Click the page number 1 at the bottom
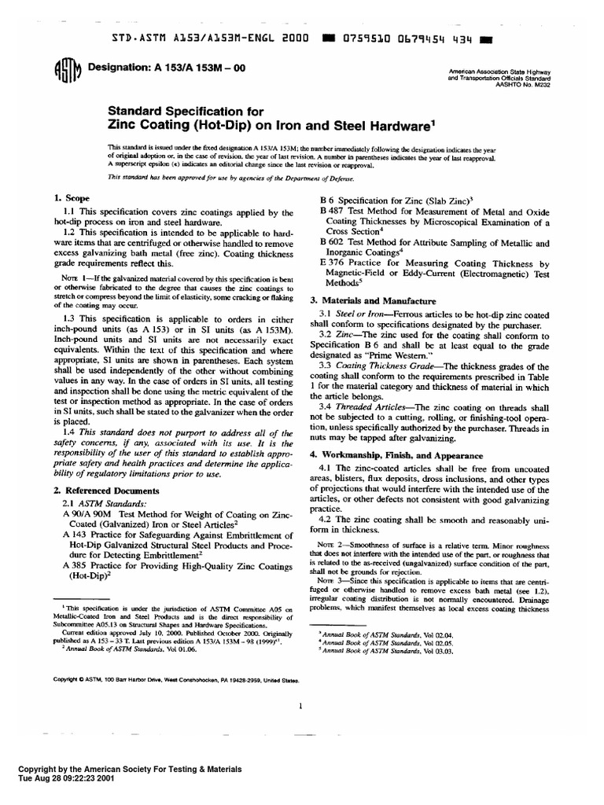pos(301,706)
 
